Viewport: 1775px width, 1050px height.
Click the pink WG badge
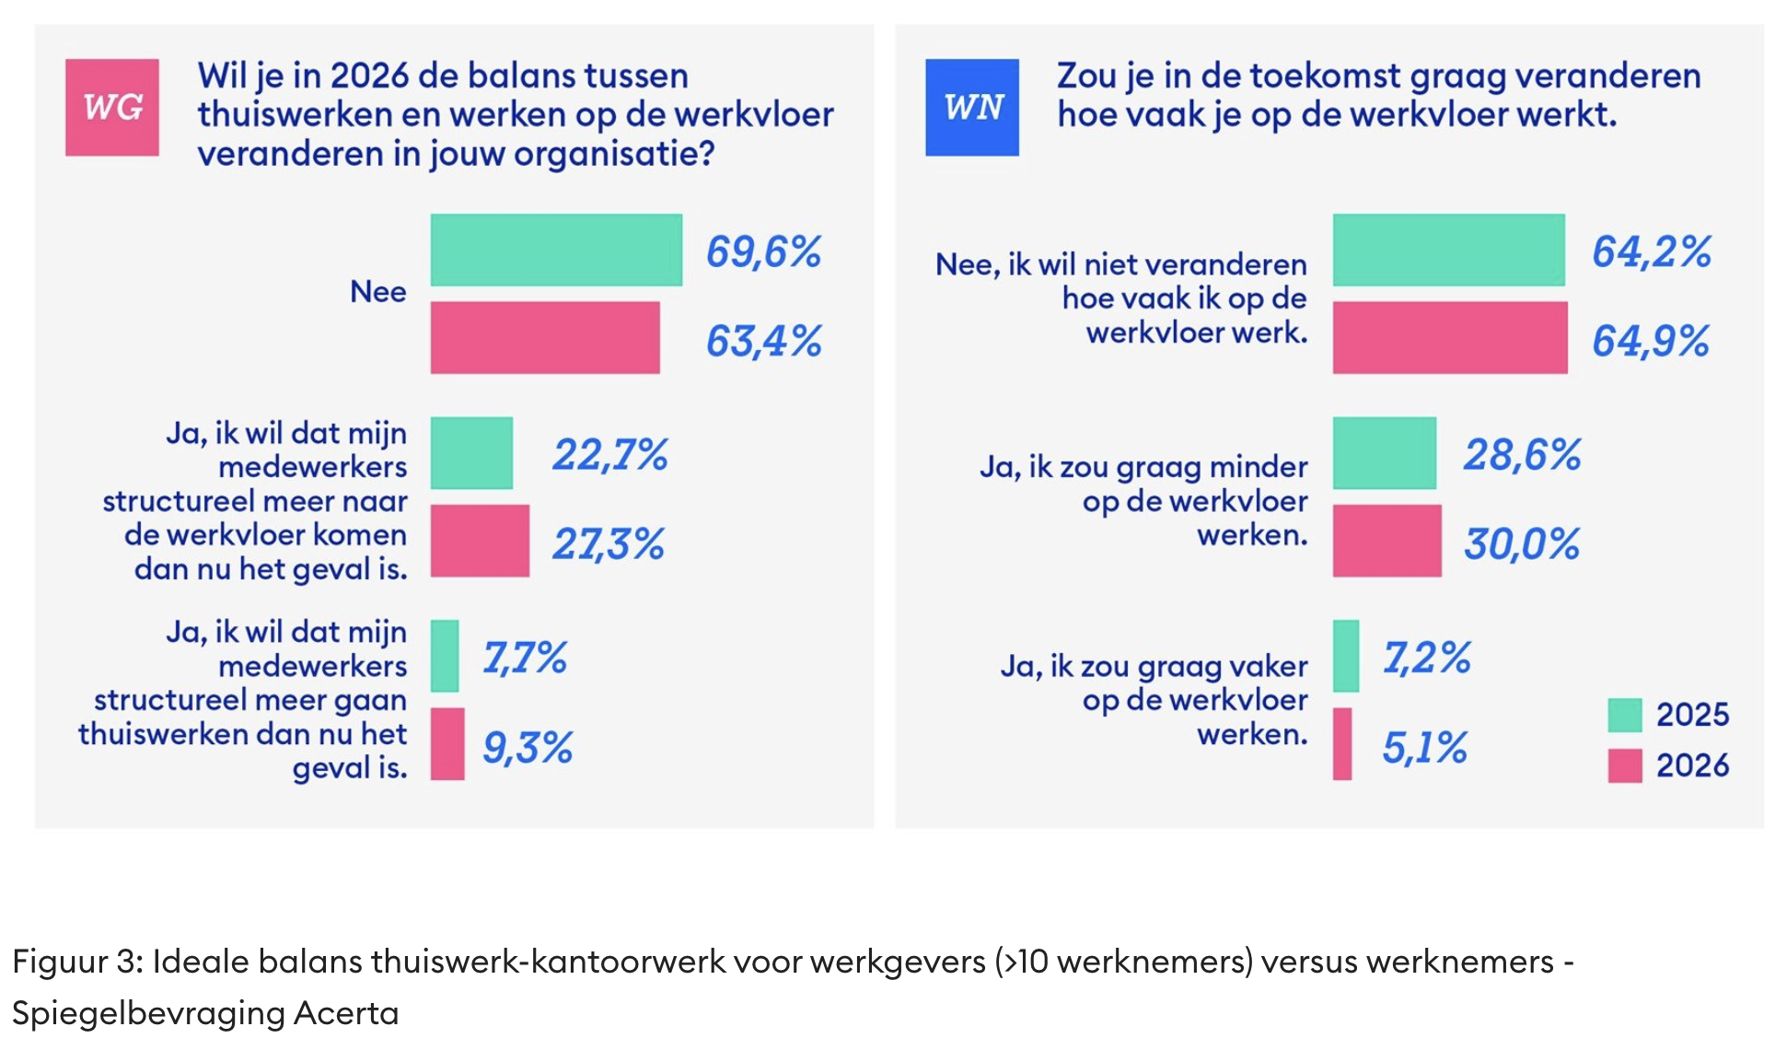(x=112, y=107)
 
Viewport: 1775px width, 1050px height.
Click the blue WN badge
(x=972, y=107)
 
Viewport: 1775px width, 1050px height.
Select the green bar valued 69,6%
(x=556, y=250)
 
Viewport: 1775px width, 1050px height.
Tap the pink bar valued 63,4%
(x=545, y=337)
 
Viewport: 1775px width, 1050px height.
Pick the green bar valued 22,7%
(x=471, y=452)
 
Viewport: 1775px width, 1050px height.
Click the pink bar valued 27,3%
(x=480, y=541)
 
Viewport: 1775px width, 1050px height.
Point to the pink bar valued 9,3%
(x=447, y=743)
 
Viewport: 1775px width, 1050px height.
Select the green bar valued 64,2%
(x=1448, y=250)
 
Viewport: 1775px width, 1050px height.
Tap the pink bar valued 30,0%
(x=1386, y=541)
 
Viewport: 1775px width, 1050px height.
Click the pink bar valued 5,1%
(x=1342, y=743)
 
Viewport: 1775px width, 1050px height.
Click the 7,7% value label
(x=525, y=658)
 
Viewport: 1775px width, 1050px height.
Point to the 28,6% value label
(x=1522, y=454)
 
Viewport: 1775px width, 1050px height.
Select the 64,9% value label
(x=1651, y=341)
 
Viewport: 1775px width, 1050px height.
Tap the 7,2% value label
(x=1426, y=658)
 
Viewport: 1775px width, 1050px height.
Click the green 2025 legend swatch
(x=1625, y=715)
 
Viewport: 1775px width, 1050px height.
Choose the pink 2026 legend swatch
(x=1625, y=765)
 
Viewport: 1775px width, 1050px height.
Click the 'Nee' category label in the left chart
(x=377, y=292)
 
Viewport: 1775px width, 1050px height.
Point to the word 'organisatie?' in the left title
(x=614, y=154)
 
